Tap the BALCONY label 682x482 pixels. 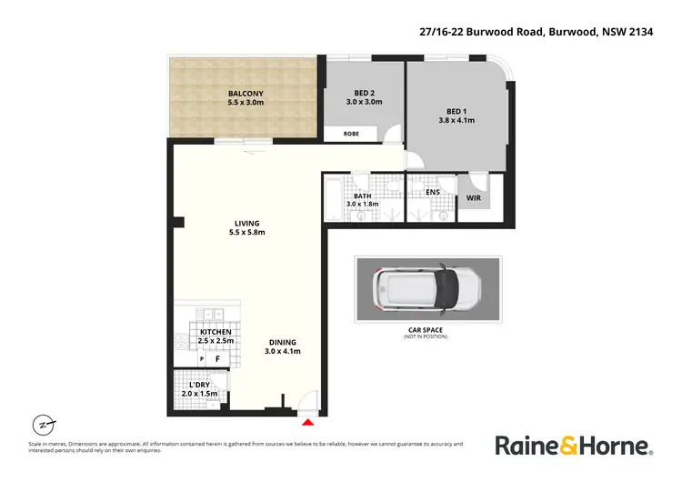point(246,93)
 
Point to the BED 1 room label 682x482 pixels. point(457,110)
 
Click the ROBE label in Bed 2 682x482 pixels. point(350,134)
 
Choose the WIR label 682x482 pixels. point(473,197)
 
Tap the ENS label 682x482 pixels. point(434,192)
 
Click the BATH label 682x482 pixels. point(362,196)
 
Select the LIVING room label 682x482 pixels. point(246,223)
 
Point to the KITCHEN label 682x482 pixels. point(216,332)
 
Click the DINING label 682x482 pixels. point(282,342)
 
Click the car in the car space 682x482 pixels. point(426,288)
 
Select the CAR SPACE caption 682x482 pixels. point(426,331)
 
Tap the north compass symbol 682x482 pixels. point(42,425)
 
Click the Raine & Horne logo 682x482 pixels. point(573,446)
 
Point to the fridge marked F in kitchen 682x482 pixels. point(218,359)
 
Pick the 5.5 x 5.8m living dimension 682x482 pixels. point(246,233)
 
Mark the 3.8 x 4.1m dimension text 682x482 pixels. point(457,120)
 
